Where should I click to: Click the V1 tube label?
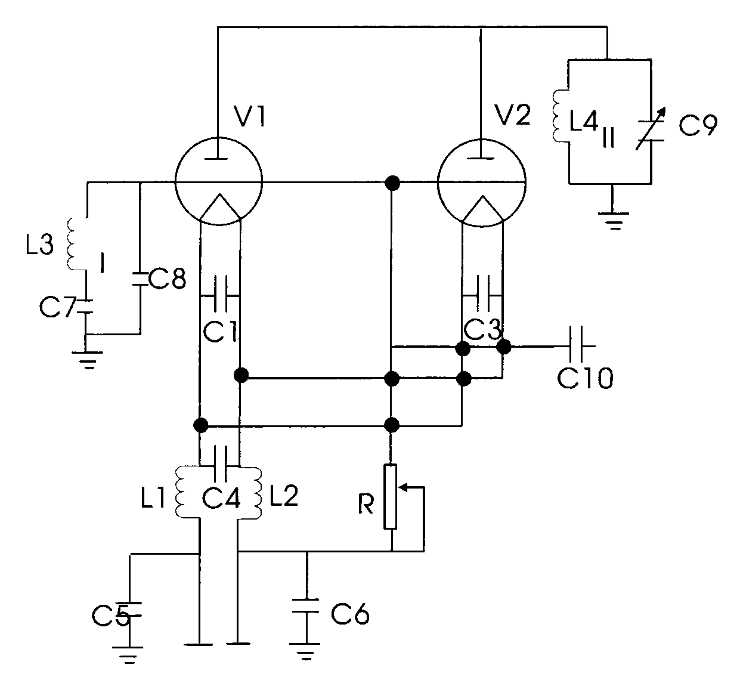coord(245,118)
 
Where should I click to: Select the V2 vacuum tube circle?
coord(482,182)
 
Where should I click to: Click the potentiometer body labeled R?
coord(391,496)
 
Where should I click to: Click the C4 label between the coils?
coord(221,498)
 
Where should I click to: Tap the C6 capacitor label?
coord(350,613)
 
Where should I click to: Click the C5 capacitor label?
coord(111,615)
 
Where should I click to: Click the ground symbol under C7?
coord(87,359)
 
